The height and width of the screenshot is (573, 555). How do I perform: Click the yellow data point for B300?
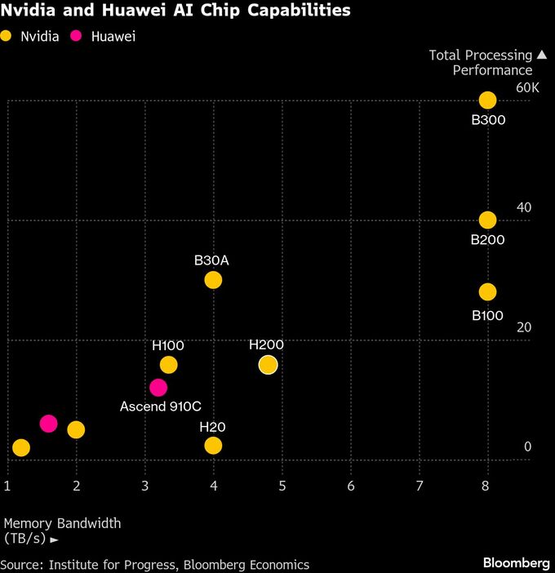487,100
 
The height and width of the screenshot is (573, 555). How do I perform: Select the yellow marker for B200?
487,220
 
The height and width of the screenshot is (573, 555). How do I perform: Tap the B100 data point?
487,291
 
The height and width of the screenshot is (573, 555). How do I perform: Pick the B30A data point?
213,280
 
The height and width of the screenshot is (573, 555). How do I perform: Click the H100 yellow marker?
168,365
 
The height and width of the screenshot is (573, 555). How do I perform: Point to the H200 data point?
268,365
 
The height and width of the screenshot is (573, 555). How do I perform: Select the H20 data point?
213,445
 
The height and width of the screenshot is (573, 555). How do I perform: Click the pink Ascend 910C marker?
158,387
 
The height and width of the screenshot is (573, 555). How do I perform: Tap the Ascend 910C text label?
161,406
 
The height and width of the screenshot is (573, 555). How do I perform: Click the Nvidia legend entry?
31,37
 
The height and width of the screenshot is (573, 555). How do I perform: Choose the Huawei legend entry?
104,37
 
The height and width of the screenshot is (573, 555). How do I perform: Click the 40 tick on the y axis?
523,207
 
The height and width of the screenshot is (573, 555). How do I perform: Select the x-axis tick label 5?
282,486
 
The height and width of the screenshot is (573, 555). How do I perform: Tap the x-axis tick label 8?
487,486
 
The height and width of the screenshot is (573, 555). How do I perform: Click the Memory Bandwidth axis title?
62,531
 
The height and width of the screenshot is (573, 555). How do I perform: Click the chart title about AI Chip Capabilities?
175,11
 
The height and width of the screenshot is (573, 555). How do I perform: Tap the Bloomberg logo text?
516,563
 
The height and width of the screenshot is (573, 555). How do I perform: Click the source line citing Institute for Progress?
155,564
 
